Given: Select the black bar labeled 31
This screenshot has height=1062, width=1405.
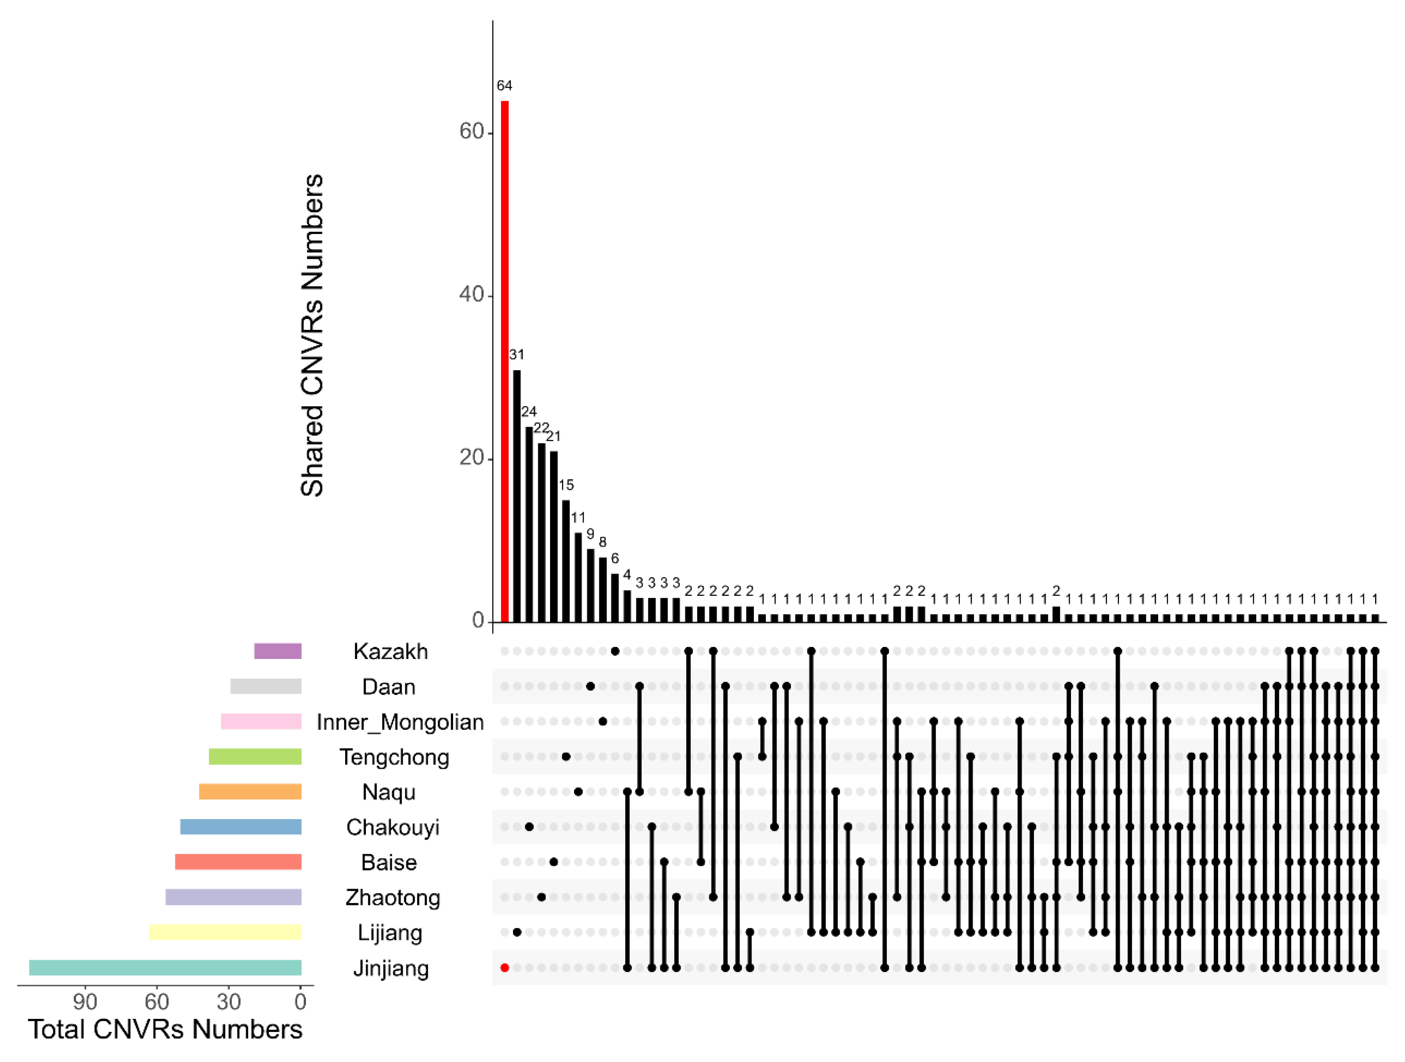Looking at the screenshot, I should [x=517, y=495].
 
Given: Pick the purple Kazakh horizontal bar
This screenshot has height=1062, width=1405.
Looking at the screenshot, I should [x=278, y=651].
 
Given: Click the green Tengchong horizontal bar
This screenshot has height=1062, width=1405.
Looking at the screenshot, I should [x=255, y=756].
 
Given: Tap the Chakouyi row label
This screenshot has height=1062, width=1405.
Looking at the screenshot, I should [x=393, y=827].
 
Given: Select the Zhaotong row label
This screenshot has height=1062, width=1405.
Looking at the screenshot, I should [x=393, y=897].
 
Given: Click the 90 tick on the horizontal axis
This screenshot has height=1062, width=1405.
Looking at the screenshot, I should [x=85, y=1002].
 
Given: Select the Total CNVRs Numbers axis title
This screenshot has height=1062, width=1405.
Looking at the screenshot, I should [x=165, y=1030].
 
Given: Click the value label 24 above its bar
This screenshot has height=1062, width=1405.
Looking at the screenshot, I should [x=529, y=412].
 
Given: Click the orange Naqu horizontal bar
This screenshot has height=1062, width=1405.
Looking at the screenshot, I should [x=250, y=792].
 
